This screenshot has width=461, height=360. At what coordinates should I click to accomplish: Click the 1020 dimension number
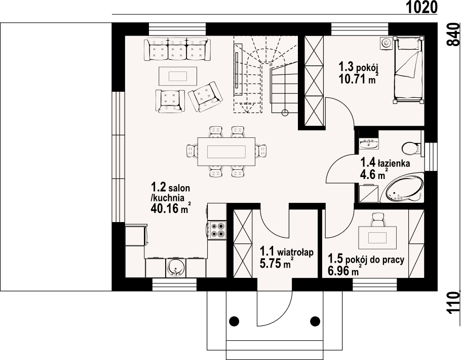point(422,7)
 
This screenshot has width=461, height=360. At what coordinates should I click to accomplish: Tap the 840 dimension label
point(453,34)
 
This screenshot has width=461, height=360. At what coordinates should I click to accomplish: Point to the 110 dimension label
point(453,303)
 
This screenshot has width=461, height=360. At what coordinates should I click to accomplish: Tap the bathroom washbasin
point(369,144)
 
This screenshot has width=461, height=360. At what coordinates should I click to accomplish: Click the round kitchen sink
point(175,268)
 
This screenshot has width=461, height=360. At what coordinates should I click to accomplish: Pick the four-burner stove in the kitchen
point(217,230)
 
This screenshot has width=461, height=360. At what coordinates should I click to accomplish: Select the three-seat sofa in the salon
point(177,49)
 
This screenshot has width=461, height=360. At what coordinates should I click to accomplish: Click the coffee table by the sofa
point(178,76)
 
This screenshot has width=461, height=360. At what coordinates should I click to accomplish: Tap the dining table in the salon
point(226,152)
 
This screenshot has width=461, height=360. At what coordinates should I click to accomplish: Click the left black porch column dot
point(234,320)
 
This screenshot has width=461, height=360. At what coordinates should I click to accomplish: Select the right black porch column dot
point(315,320)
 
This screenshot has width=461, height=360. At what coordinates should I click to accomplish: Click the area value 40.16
point(165,208)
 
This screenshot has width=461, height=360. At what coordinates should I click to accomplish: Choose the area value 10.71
point(352,79)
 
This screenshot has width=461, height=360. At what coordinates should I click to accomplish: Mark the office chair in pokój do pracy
point(377,220)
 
